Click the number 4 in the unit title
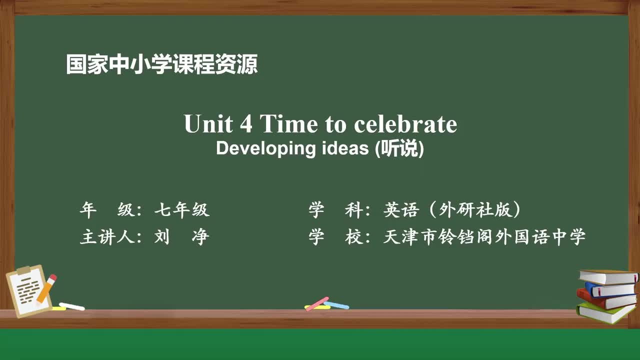[x=245, y=124]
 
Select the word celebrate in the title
[x=405, y=124]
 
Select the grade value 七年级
[x=181, y=210]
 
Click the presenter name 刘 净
[x=181, y=236]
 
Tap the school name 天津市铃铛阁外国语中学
[x=484, y=236]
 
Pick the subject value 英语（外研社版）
[x=452, y=210]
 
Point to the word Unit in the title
[x=205, y=124]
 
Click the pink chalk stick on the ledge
[x=317, y=303]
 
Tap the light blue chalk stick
[x=336, y=304]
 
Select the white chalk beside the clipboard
[x=72, y=306]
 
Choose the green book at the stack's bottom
[x=605, y=312]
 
